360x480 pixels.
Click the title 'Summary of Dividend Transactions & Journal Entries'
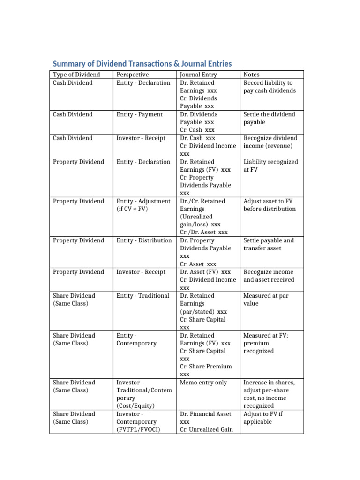click(142, 63)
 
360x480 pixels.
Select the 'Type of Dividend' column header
click(76, 75)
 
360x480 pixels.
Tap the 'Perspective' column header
click(132, 75)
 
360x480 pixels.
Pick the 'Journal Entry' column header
click(198, 75)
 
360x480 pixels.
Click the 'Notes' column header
click(252, 75)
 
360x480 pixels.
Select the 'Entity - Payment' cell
click(140, 114)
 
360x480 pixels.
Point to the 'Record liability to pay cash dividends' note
click(270, 87)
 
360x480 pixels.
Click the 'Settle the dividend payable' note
click(269, 118)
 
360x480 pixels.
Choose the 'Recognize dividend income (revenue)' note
click(270, 142)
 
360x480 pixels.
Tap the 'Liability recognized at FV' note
click(270, 165)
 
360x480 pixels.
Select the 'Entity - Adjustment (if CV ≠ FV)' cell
click(143, 205)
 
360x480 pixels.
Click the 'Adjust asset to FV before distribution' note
click(270, 205)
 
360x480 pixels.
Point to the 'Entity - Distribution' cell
click(144, 240)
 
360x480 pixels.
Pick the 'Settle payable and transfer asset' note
click(269, 244)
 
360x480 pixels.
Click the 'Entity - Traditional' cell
click(142, 296)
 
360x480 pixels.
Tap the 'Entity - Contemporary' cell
click(136, 339)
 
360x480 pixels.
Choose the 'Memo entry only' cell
click(203, 382)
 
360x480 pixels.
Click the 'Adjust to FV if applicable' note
click(263, 418)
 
